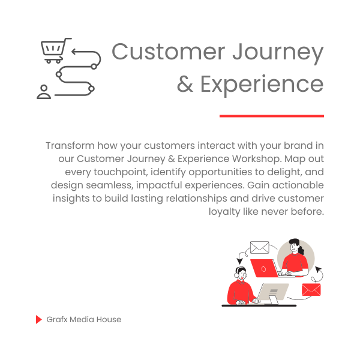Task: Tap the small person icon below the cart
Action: click(44, 92)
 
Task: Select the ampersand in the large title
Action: click(185, 84)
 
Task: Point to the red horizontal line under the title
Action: click(272, 116)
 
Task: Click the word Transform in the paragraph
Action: click(70, 146)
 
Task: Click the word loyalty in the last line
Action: click(224, 212)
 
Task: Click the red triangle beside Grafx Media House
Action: click(39, 319)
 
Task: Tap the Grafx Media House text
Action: click(84, 319)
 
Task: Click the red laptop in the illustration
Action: click(264, 268)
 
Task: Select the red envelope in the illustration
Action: click(311, 290)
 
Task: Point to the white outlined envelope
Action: click(259, 247)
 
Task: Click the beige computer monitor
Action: click(273, 292)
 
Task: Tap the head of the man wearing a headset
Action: click(241, 273)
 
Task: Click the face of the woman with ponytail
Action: click(294, 247)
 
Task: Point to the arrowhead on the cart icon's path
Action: click(74, 52)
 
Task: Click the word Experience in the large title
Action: click(262, 85)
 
